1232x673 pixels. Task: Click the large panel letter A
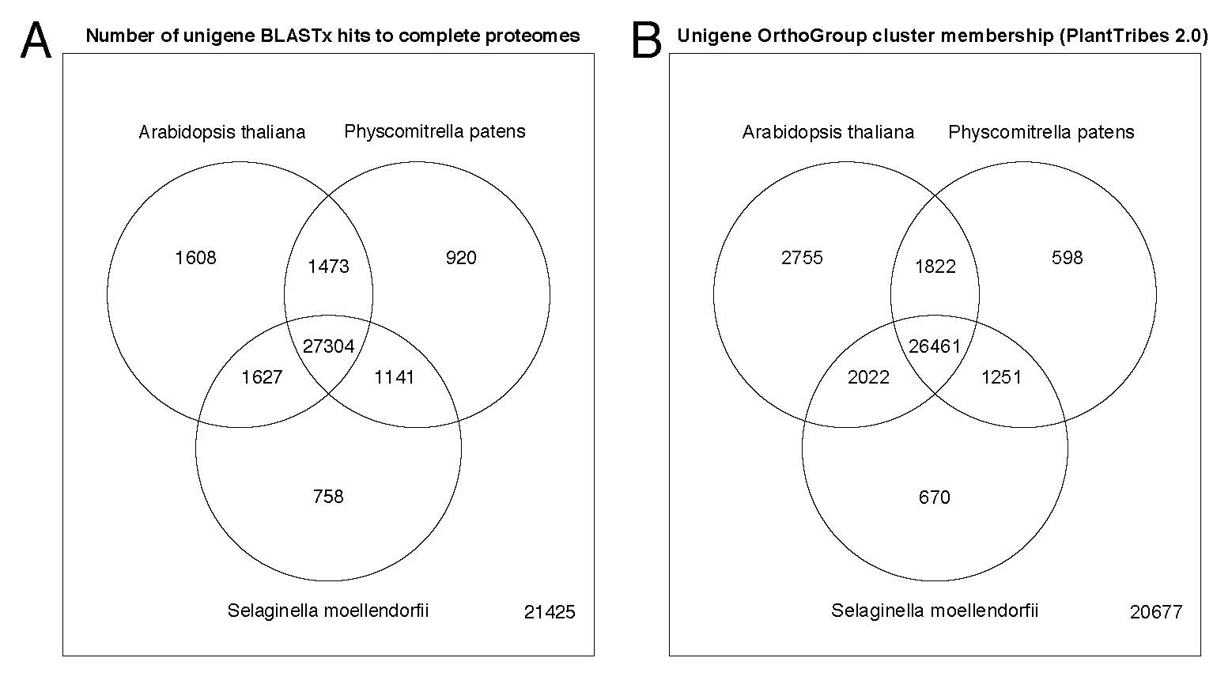[x=36, y=40]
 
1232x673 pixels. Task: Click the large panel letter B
[x=646, y=40]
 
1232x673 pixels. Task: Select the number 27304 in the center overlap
[x=328, y=346]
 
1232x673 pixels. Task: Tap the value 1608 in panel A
[x=195, y=257]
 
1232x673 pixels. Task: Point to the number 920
[x=461, y=257]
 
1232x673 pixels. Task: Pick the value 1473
[x=328, y=267]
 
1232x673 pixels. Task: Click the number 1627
[x=262, y=377]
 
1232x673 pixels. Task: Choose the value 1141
[x=395, y=377]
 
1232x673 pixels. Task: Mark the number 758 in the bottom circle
[x=328, y=497]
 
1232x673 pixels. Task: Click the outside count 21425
[x=550, y=612]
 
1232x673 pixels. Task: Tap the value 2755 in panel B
[x=802, y=257]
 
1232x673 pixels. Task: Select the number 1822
[x=935, y=267]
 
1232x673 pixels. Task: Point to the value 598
[x=1067, y=257]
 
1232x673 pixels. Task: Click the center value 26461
[x=935, y=346]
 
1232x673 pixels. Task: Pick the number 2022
[x=868, y=377]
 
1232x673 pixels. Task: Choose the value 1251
[x=1002, y=377]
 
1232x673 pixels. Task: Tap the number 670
[x=935, y=497]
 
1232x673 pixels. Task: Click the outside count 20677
[x=1156, y=612]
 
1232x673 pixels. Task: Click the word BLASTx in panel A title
[x=293, y=36]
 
